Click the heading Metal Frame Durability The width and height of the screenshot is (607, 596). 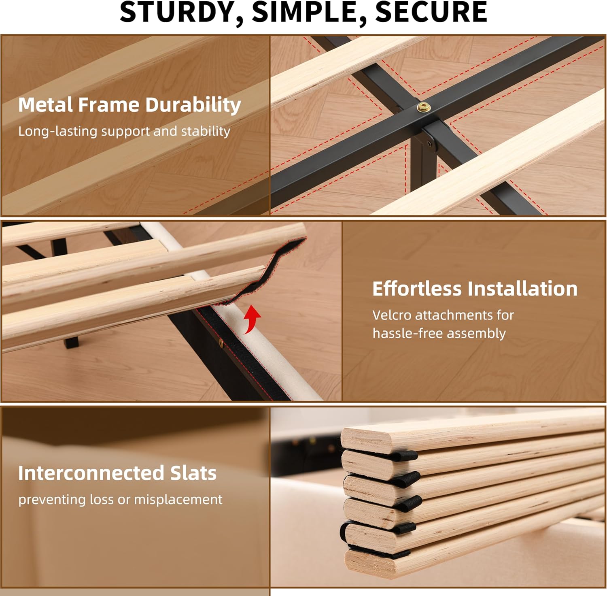coord(129,105)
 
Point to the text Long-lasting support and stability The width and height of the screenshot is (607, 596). coord(124,131)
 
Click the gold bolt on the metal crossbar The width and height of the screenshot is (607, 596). coord(424,107)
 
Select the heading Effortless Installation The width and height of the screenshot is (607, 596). coord(474,289)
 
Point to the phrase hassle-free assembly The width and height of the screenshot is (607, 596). coord(439,333)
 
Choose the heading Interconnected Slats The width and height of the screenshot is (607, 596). coord(117,473)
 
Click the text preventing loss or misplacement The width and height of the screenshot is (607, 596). coord(120,500)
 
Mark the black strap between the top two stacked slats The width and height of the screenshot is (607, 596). coord(401,455)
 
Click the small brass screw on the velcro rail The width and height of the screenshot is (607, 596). coord(221,344)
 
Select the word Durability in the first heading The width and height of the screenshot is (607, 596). coord(193,105)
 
